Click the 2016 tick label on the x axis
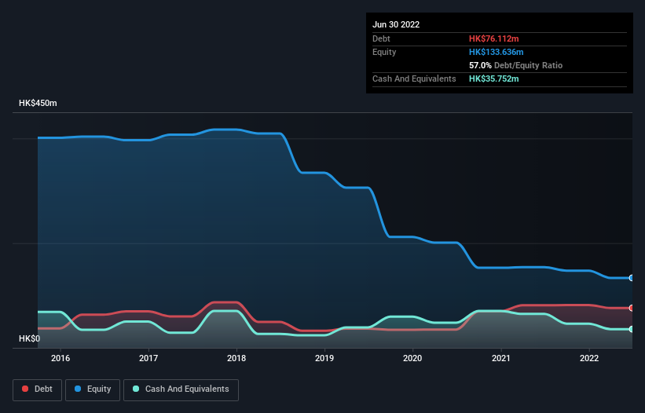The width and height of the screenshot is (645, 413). click(60, 359)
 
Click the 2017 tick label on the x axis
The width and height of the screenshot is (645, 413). click(148, 359)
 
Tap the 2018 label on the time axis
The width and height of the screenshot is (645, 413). click(236, 359)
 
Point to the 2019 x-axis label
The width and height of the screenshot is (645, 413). click(324, 359)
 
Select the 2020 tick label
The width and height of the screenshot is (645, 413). click(412, 359)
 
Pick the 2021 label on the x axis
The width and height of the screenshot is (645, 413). click(500, 359)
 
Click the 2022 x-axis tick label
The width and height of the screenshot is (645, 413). click(588, 359)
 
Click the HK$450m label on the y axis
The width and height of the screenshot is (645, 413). click(39, 104)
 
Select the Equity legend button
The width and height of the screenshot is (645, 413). click(93, 389)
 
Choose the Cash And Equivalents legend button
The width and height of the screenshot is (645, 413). click(181, 389)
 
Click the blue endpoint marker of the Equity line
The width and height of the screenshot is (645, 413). click(631, 278)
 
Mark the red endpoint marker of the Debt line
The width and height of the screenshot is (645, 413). click(631, 308)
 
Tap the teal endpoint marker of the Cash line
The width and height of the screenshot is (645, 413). click(631, 329)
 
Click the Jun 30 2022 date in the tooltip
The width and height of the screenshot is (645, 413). click(396, 24)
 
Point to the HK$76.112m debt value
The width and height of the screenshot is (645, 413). click(495, 38)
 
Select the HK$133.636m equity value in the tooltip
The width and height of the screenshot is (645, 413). click(497, 52)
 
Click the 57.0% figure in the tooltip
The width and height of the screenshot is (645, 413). click(481, 65)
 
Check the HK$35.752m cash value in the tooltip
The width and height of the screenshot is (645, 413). click(494, 79)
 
